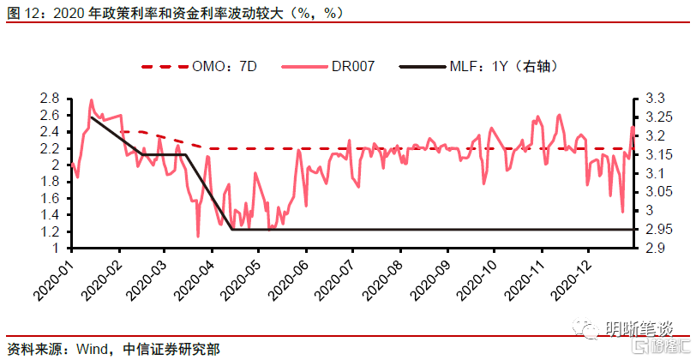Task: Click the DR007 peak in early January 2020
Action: point(92,100)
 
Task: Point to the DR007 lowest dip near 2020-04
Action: point(198,236)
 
